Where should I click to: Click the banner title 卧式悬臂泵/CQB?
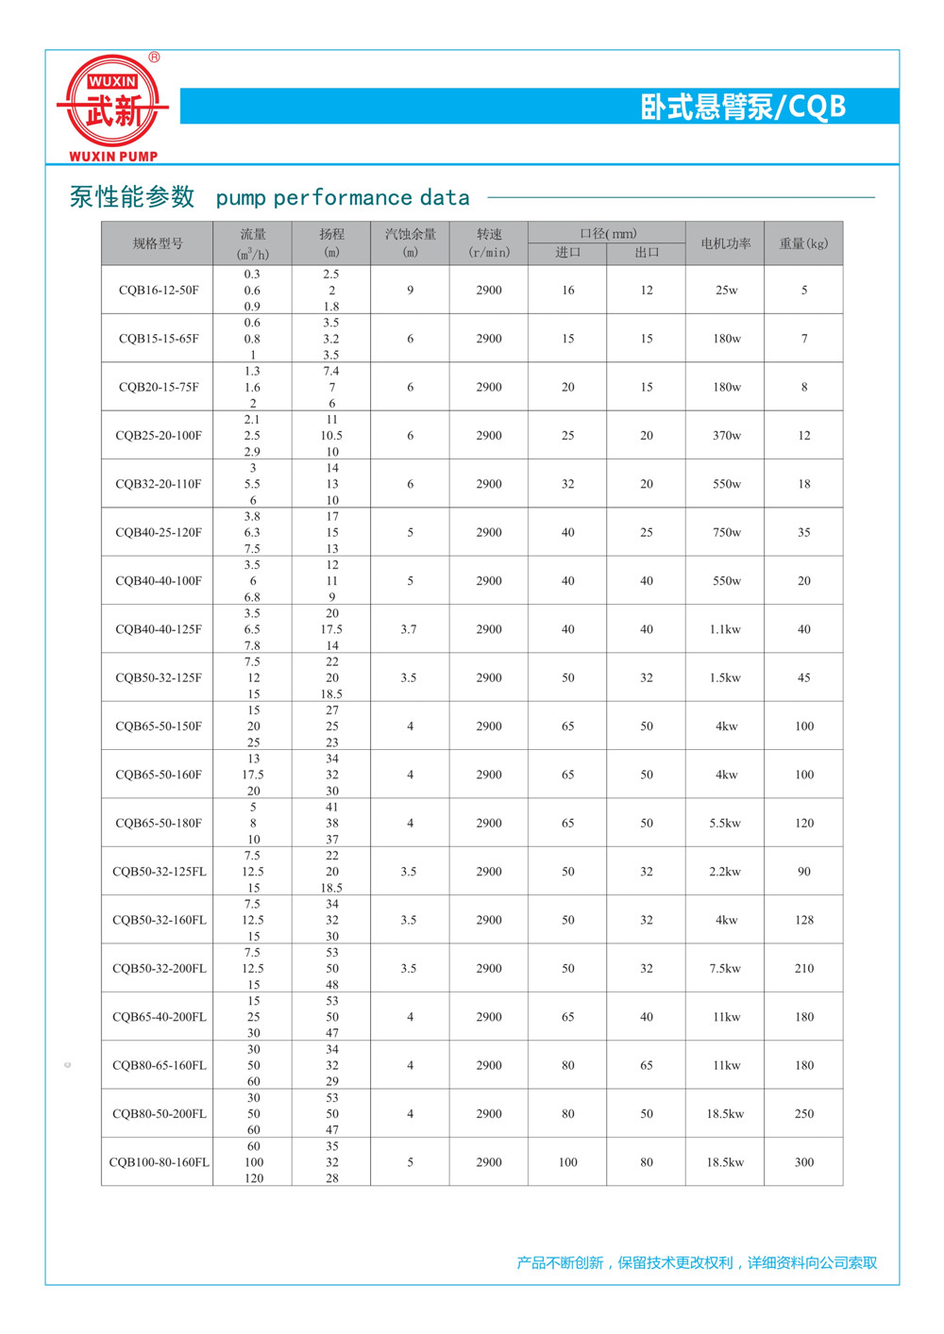point(743,107)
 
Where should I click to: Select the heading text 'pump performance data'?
point(343,197)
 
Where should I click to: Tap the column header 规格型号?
point(158,243)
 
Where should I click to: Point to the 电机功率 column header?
point(726,243)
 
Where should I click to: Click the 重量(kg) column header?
point(803,243)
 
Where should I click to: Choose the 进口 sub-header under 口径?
point(567,253)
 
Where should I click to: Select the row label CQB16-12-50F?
point(159,291)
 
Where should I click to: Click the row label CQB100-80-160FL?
point(159,1162)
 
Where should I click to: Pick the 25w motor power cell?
point(726,291)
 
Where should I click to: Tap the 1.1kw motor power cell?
point(726,629)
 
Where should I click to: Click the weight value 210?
point(803,969)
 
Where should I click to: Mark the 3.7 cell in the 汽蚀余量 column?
point(409,629)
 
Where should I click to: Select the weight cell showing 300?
point(803,1162)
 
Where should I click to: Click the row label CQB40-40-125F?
point(159,629)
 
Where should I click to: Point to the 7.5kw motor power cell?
point(726,969)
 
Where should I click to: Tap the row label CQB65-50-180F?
point(159,824)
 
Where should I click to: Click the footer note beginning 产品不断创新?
point(697,1262)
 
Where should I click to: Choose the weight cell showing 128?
point(803,920)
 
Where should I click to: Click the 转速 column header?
point(489,243)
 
